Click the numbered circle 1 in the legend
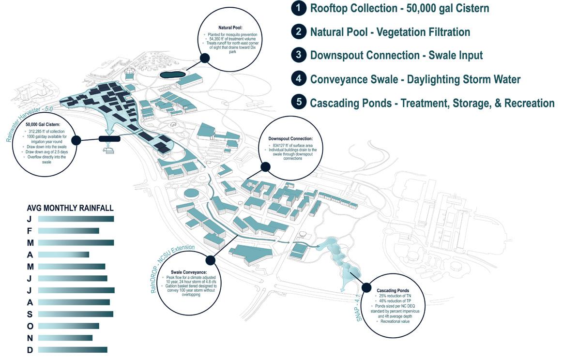tap(298, 8)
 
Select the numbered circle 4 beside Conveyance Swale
tap(298, 79)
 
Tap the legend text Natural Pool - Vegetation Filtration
tap(390, 32)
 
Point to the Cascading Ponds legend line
tap(432, 103)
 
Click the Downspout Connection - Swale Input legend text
tap(396, 56)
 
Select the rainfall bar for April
tap(63, 255)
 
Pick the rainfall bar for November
tap(65, 338)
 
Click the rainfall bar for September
tap(76, 314)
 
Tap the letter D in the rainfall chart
tap(30, 350)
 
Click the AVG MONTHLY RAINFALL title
tap(70, 208)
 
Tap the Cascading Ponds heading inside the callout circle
tap(393, 290)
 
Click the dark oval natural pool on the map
tap(172, 74)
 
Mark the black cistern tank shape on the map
tap(109, 139)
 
